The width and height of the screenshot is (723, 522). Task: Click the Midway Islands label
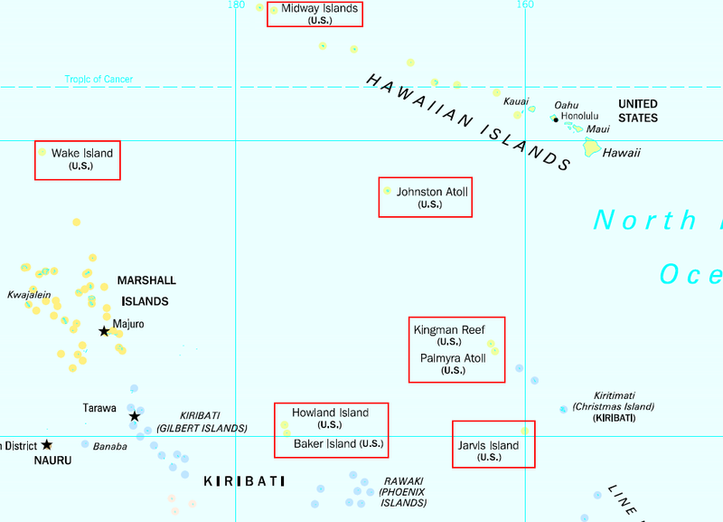[x=319, y=9]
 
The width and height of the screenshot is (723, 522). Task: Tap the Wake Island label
[x=81, y=154]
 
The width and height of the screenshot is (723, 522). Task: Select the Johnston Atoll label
[x=432, y=192]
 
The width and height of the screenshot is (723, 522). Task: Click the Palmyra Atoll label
[x=453, y=358]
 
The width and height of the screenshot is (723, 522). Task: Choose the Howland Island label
[x=330, y=413]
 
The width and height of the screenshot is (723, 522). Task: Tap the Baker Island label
[x=325, y=444]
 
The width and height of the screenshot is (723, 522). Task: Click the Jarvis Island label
[x=489, y=445]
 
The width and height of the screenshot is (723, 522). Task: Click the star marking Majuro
[x=105, y=331]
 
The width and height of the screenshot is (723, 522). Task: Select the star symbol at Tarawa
[x=135, y=416]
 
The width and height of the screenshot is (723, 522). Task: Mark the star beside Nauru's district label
[x=47, y=444]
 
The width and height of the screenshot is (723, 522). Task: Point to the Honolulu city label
[x=579, y=116]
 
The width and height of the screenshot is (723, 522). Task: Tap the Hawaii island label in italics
[x=622, y=153]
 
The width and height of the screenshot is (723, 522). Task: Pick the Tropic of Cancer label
[x=99, y=80]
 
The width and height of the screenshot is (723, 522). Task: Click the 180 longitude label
[x=236, y=5]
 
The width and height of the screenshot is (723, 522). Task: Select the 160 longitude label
[x=524, y=5]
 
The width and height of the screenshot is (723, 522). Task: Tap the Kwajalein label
[x=29, y=295]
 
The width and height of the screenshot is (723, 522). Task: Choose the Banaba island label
[x=110, y=446]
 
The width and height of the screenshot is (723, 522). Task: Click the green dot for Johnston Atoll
[x=388, y=191]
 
